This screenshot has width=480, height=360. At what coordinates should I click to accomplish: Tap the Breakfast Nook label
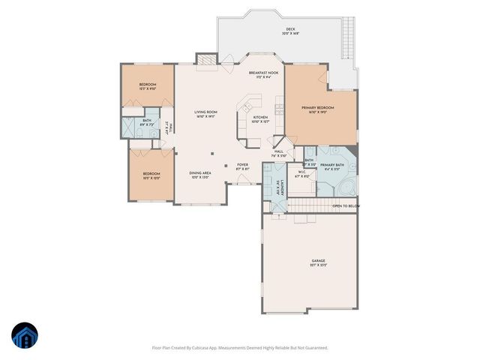263,73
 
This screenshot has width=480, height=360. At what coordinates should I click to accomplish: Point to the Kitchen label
260,118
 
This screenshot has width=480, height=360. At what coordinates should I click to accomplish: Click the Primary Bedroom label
318,109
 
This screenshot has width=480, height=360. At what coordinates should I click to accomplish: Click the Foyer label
242,165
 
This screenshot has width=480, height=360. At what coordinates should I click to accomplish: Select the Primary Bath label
332,165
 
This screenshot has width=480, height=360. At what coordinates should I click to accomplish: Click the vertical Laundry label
275,188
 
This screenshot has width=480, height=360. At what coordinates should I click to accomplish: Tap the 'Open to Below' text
346,205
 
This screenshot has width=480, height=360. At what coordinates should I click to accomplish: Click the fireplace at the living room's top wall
205,59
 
